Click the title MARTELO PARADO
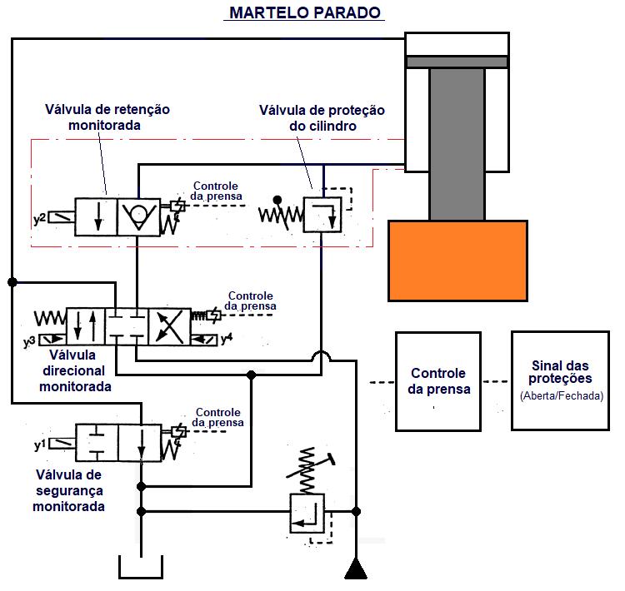pos(304,12)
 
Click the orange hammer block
pos(457,260)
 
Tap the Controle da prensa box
pos(437,381)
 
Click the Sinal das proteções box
pos(560,381)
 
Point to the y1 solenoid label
pos(39,445)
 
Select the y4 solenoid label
pos(226,340)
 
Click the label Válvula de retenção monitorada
pos(107,117)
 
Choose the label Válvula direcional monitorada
pos(75,370)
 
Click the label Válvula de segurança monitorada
pos(70,490)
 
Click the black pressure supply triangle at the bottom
pos(357,570)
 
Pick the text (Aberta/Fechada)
pos(560,396)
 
